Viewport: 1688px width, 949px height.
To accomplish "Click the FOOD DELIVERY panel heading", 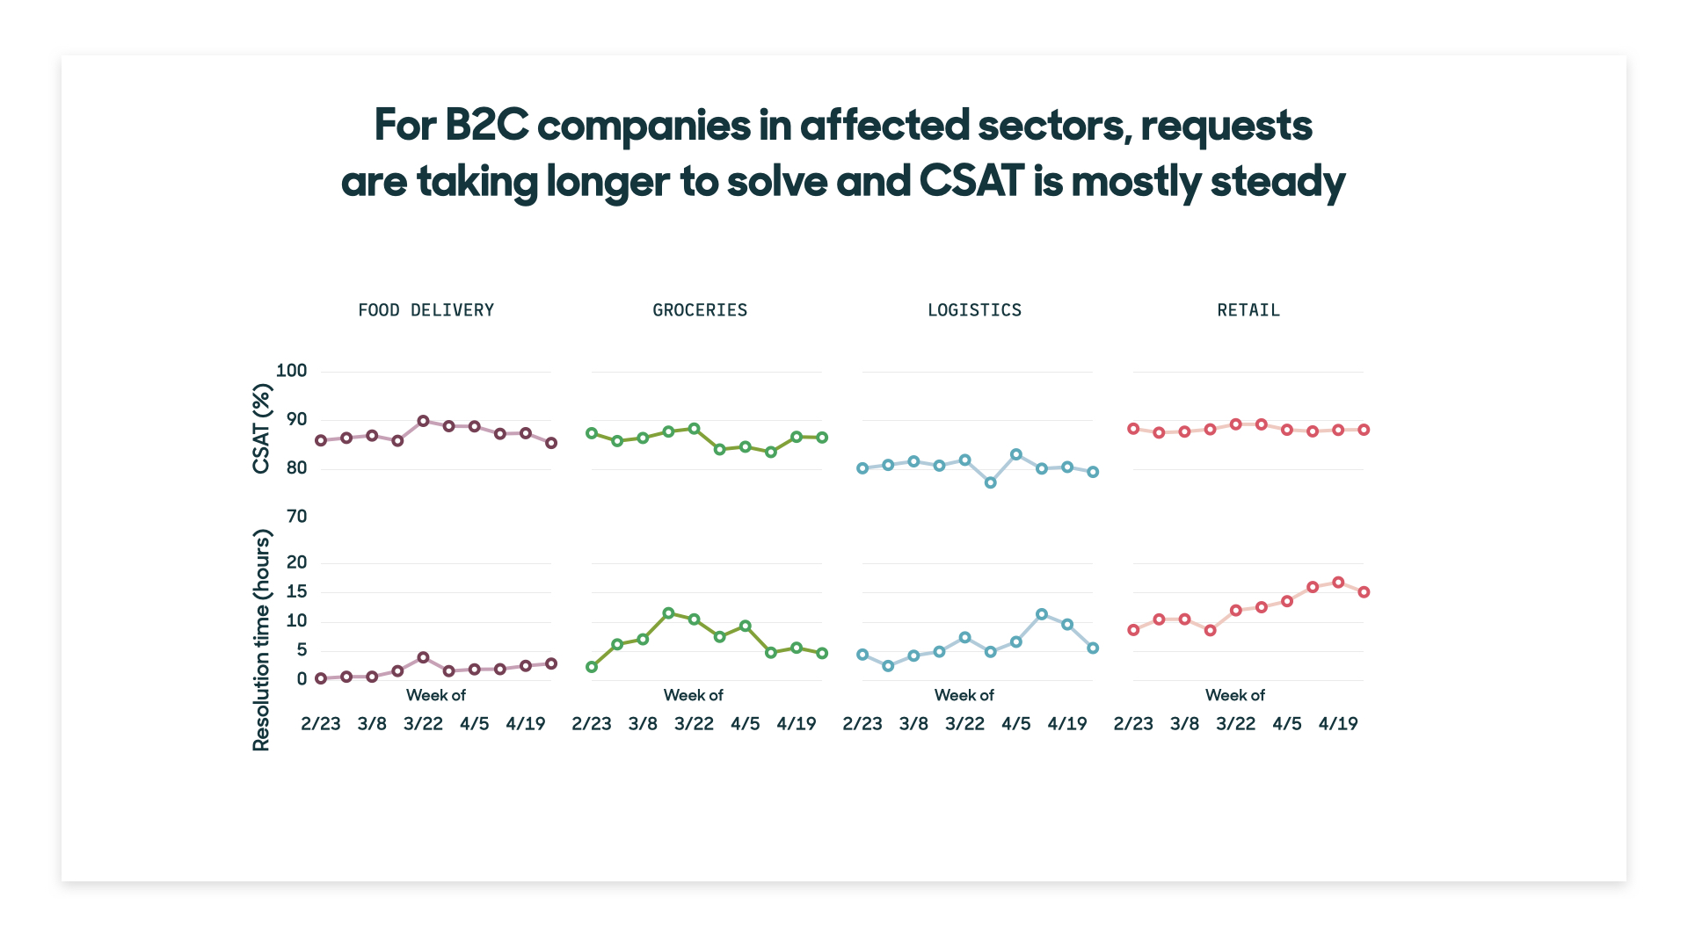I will (x=426, y=310).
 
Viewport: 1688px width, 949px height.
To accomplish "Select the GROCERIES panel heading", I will (x=700, y=310).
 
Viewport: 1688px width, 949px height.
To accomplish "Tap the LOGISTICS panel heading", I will (x=974, y=310).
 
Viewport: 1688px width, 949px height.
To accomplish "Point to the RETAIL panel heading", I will (x=1248, y=310).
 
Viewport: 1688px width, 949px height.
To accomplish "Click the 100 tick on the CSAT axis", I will (x=292, y=371).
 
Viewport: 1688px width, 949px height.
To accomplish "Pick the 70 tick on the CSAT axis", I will (x=297, y=517).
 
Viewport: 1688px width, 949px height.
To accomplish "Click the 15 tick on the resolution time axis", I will (x=297, y=592).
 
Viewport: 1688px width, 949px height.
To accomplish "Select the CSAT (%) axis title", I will (x=261, y=429).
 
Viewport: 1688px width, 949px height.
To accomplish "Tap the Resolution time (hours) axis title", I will (x=261, y=640).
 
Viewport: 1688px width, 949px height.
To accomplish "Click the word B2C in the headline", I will (x=486, y=125).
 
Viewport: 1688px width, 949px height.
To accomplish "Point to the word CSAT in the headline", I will (x=971, y=181).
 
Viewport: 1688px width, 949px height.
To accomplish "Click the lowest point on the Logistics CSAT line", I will (x=991, y=482).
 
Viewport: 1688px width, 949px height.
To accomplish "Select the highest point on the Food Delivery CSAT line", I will (x=423, y=421).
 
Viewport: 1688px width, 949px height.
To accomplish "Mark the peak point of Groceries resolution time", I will (x=668, y=613).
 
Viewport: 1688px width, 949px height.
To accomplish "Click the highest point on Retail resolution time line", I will (x=1338, y=583).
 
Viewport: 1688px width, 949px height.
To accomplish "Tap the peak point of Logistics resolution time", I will (x=1042, y=614).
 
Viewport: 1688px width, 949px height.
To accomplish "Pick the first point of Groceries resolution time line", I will (x=592, y=667).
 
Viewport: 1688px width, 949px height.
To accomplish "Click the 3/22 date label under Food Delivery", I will (x=423, y=724).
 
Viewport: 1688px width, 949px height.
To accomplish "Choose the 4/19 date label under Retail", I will (x=1338, y=724).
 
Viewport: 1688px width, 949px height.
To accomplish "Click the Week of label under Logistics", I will (x=964, y=695).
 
